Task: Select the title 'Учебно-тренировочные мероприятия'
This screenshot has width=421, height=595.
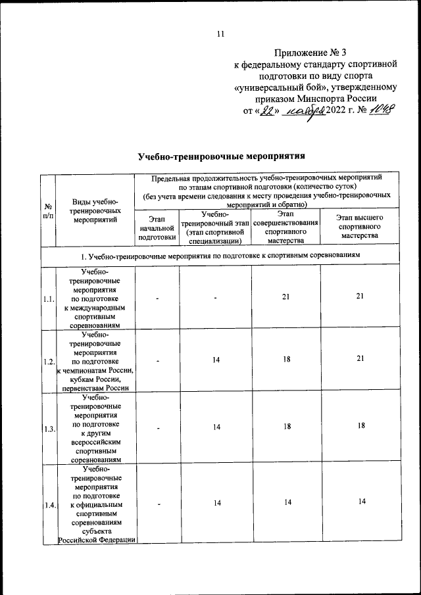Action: click(x=223, y=156)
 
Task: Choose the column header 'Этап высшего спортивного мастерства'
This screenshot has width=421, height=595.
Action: click(x=359, y=226)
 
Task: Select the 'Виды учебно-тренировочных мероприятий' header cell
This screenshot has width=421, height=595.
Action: click(x=95, y=210)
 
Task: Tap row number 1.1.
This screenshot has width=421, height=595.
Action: click(x=48, y=298)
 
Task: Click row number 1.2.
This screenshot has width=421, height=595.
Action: click(x=48, y=361)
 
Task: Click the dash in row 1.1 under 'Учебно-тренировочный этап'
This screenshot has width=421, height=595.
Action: click(x=216, y=298)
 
